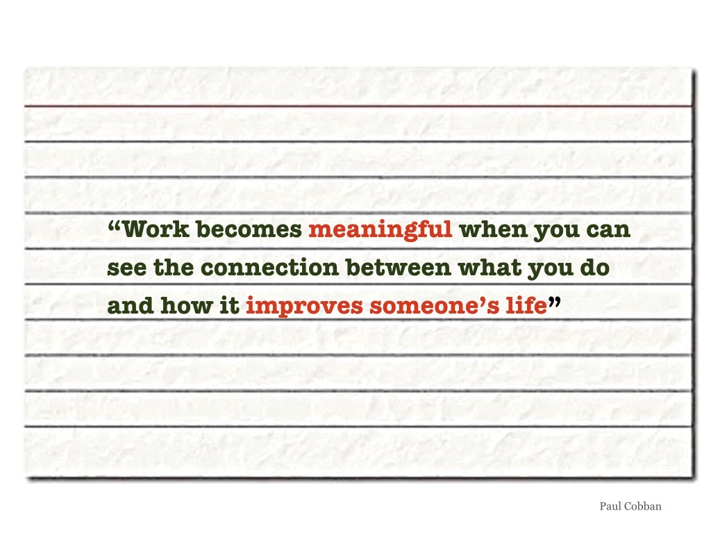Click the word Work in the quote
(x=156, y=229)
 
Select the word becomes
(x=249, y=229)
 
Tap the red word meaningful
(x=380, y=230)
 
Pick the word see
(x=127, y=268)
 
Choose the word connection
(x=269, y=267)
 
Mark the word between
(x=399, y=267)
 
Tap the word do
(x=594, y=267)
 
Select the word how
(x=186, y=305)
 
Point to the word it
(x=229, y=305)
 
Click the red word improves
(x=304, y=307)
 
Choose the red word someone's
(x=435, y=306)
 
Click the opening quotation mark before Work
(x=115, y=225)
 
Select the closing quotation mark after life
(x=554, y=302)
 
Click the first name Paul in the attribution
(x=609, y=506)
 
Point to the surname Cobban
(x=642, y=506)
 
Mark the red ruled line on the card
(x=358, y=106)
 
